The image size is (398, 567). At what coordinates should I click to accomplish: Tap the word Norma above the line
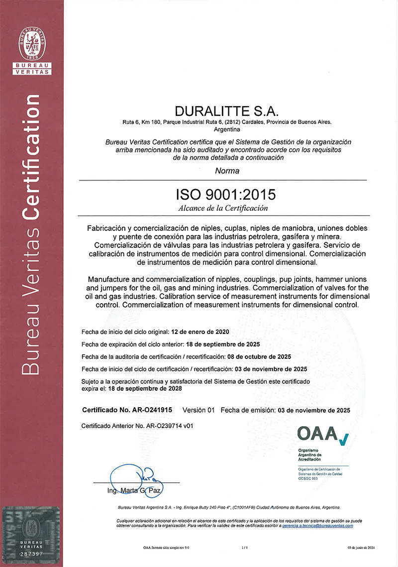227,171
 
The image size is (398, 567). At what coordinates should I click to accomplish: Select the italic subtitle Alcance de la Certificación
223,208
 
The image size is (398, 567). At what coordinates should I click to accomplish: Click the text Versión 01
199,410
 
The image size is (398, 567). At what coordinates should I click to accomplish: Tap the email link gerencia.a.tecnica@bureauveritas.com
317,526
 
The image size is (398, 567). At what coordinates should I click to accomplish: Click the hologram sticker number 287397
32,553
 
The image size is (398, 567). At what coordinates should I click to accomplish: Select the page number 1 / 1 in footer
244,548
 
